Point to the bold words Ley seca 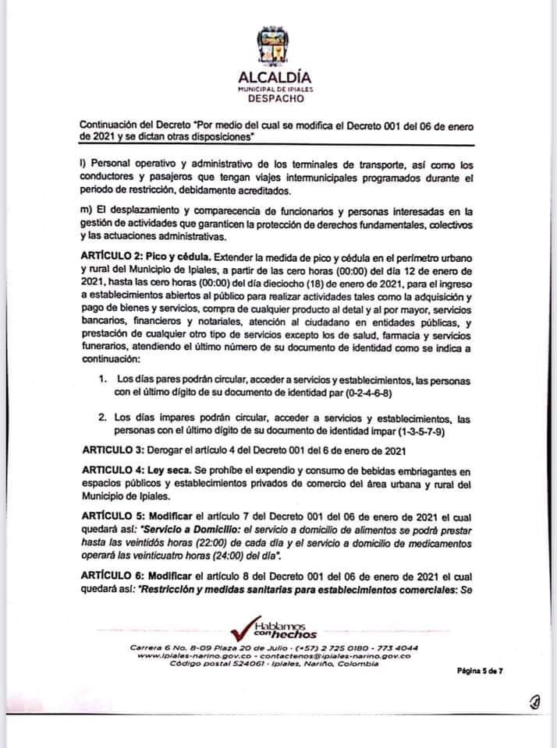pos(176,471)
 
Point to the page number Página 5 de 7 pos(479,669)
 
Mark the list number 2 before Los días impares pos(102,418)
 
